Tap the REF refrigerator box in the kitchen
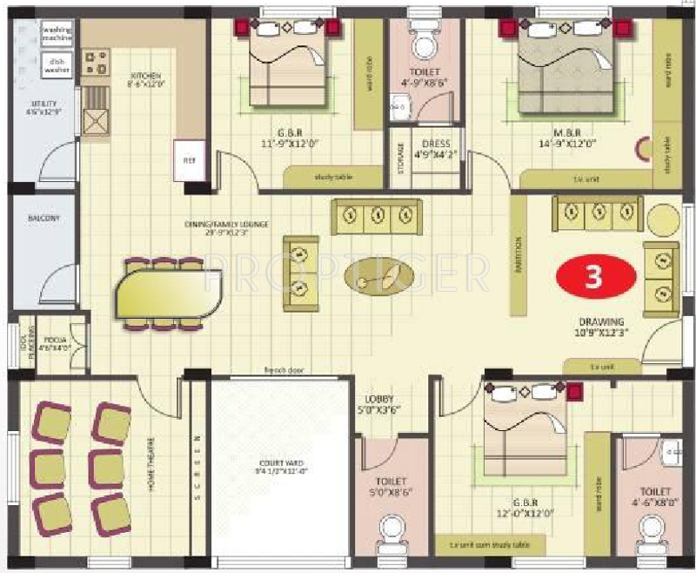pyautogui.click(x=188, y=160)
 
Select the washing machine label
pyautogui.click(x=57, y=34)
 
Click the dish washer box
pyautogui.click(x=57, y=64)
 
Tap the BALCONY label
pyautogui.click(x=43, y=219)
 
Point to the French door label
pyautogui.click(x=283, y=370)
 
